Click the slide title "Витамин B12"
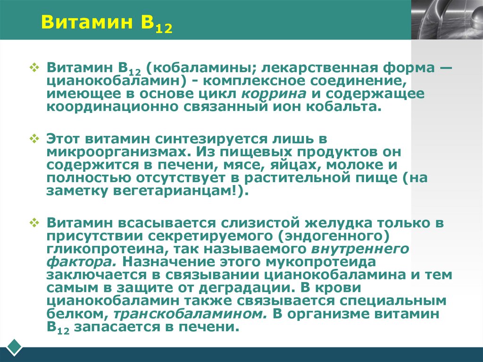point(107,23)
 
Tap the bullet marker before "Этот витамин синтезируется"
point(34,139)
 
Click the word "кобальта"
point(348,106)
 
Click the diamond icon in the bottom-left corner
point(14,347)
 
